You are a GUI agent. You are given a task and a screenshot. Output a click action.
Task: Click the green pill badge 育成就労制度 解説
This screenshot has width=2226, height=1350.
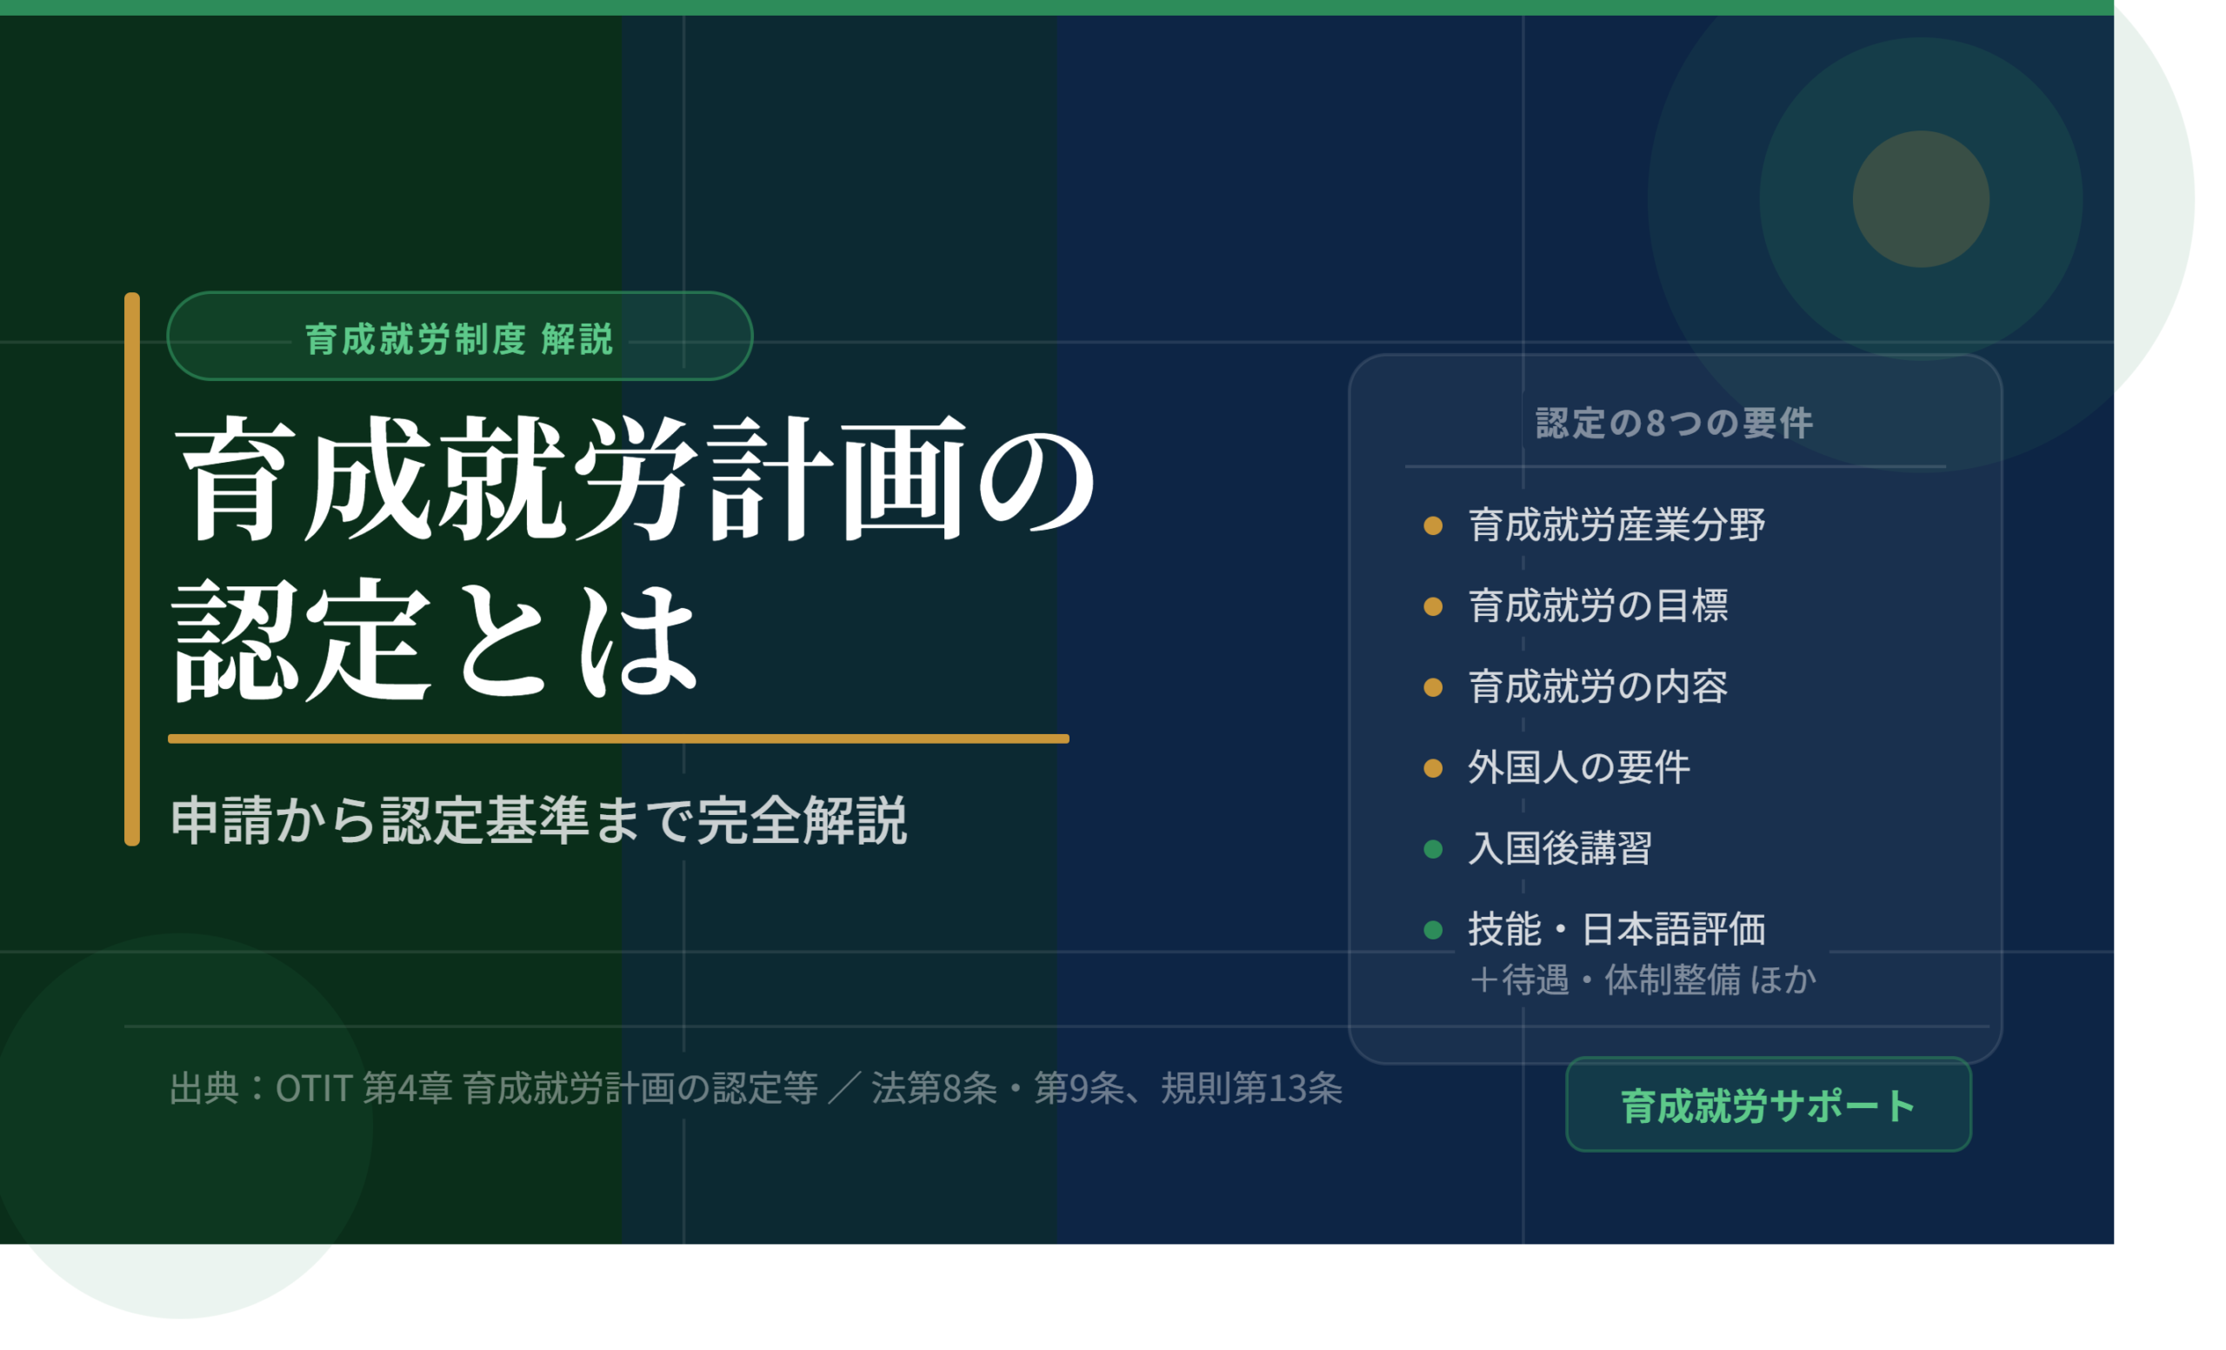pos(460,335)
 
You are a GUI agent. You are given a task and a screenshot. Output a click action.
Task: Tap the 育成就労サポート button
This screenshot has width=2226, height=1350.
pos(1768,1104)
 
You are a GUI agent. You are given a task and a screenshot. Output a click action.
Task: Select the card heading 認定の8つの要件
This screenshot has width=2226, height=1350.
pos(1674,423)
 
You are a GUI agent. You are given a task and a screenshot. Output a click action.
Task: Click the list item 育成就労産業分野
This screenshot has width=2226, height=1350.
pos(1616,525)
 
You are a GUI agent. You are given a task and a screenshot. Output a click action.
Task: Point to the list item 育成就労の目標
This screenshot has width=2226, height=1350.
pos(1597,605)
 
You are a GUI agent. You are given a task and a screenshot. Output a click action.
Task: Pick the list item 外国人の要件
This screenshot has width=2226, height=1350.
pos(1578,767)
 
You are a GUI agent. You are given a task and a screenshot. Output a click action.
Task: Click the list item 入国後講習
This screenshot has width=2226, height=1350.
pos(1560,848)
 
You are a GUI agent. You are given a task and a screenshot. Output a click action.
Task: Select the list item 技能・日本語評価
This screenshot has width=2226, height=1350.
pos(1616,929)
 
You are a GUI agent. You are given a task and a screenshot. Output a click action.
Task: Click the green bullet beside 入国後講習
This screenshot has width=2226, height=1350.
pos(1433,849)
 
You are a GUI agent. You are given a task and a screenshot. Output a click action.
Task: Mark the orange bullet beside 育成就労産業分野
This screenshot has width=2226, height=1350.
pos(1433,526)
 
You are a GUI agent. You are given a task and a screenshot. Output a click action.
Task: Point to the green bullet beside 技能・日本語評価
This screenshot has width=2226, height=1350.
pos(1433,930)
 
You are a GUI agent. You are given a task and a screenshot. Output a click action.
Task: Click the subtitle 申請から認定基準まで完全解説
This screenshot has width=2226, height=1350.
pos(538,820)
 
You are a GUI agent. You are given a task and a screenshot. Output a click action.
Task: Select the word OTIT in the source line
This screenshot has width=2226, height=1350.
pos(314,1088)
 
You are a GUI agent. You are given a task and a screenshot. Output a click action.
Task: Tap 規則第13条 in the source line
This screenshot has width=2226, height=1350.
pos(1251,1088)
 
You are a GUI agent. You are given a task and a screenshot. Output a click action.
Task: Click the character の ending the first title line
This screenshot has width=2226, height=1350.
pos(1038,479)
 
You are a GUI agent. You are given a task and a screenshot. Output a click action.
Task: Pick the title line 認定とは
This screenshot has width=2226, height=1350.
pos(436,639)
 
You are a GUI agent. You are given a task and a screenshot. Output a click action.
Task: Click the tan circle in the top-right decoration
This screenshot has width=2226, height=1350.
pos(1921,199)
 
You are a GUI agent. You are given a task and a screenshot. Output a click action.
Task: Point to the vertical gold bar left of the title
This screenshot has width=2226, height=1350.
pos(132,569)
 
